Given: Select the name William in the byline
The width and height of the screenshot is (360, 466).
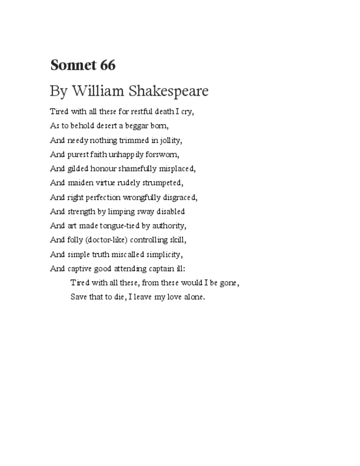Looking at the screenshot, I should [96, 91].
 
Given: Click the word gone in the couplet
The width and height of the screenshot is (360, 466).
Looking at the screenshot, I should [228, 284].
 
